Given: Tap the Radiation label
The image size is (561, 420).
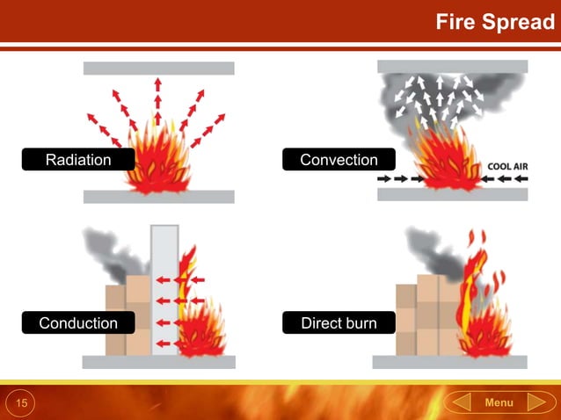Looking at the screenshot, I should [78, 160].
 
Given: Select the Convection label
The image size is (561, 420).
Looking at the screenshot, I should [339, 160].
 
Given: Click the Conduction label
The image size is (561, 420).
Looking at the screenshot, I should [78, 323].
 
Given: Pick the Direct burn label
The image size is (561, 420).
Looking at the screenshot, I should [339, 323].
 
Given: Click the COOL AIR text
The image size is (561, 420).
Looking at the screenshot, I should [509, 164].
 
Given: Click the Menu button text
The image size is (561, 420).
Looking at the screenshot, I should [499, 402].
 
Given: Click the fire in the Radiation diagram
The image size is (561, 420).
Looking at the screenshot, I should [159, 163].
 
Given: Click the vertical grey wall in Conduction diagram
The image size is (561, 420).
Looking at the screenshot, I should [164, 290].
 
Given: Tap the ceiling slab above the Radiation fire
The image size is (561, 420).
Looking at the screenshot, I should [158, 69].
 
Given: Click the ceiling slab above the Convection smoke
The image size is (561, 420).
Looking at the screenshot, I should [452, 66].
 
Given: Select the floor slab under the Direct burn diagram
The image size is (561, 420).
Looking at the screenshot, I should [449, 362].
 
